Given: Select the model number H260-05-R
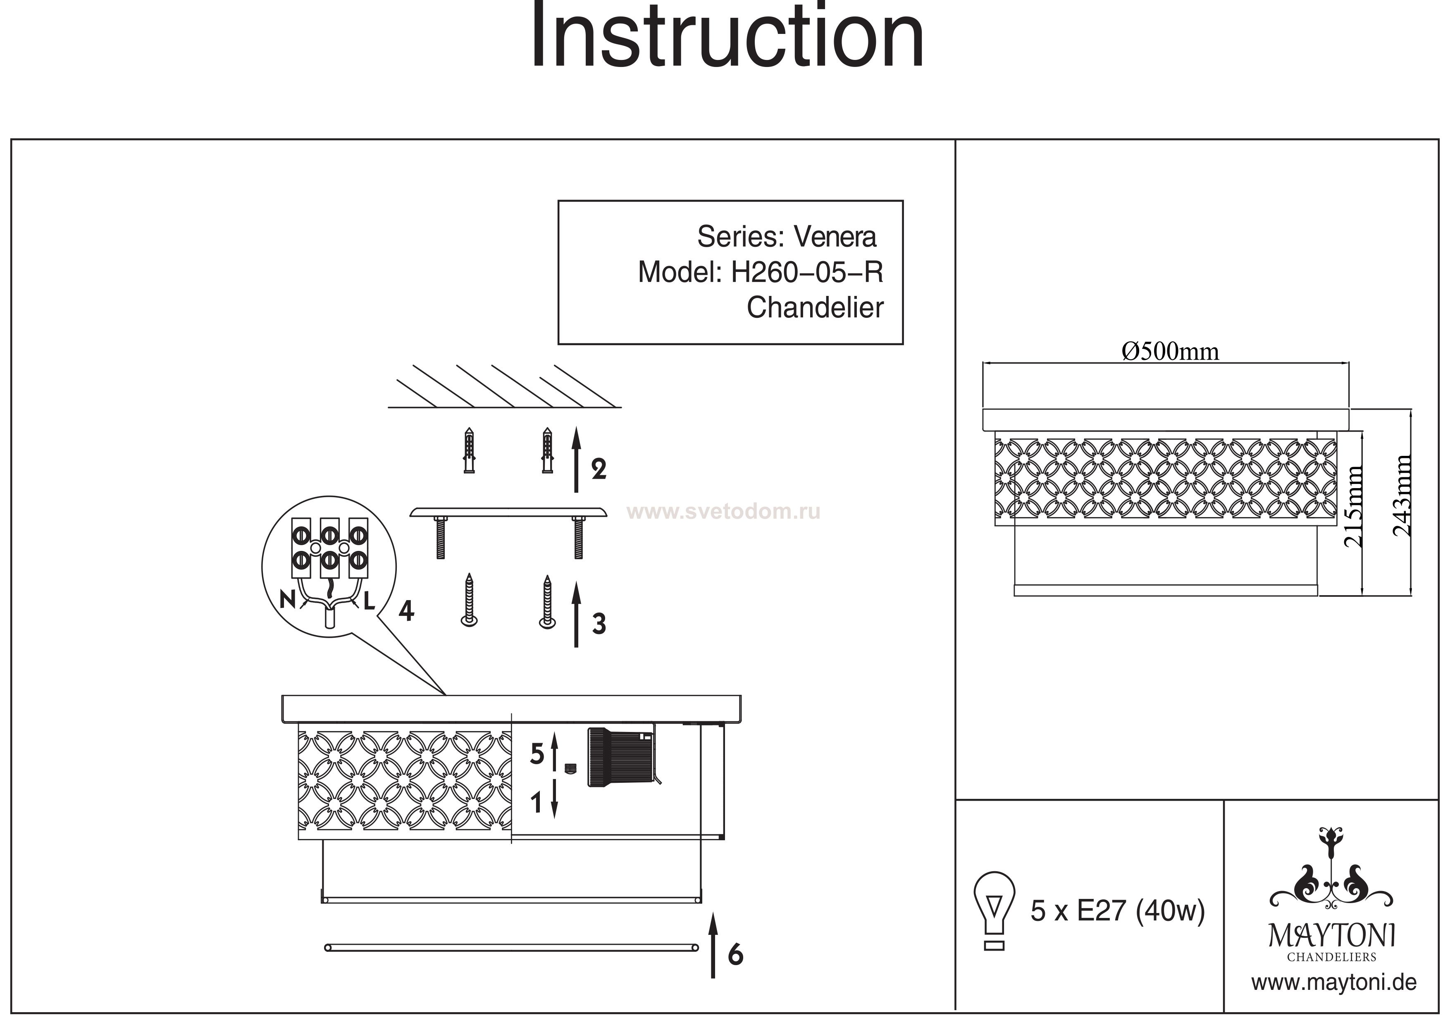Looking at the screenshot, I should [x=806, y=273].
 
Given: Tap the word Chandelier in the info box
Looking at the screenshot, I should [x=815, y=308].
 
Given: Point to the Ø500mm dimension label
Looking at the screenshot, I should [x=1170, y=352].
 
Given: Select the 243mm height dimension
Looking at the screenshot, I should [x=1402, y=496].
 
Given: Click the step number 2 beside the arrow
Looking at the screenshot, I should [x=599, y=469].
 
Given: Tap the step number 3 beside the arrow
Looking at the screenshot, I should [x=599, y=624].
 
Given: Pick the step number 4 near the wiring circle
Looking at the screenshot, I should [x=406, y=611].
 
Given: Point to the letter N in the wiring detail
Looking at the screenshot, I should [x=287, y=599].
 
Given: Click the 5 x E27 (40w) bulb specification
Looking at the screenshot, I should [x=1117, y=911].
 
